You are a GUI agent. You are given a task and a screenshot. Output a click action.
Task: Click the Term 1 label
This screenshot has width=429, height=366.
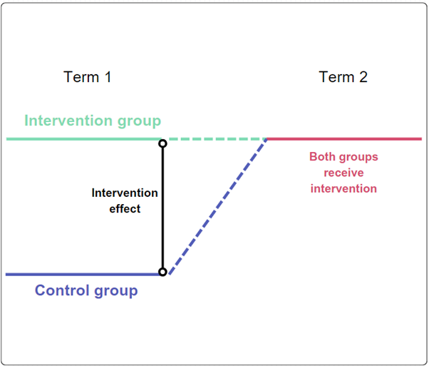(x=88, y=77)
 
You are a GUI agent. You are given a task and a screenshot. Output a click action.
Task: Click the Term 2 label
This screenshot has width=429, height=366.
(x=343, y=77)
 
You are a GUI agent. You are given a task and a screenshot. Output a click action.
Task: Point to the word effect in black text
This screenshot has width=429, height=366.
(x=125, y=209)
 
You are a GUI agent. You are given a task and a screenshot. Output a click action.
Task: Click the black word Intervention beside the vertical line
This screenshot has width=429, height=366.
(x=125, y=193)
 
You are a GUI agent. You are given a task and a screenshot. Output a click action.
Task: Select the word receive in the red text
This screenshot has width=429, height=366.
(x=343, y=173)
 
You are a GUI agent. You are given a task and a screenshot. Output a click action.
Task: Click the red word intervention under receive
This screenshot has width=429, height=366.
(x=343, y=189)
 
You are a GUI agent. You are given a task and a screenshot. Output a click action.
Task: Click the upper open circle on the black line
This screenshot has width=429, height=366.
(x=162, y=144)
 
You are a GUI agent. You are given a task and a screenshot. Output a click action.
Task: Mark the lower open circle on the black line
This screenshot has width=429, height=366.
(x=162, y=272)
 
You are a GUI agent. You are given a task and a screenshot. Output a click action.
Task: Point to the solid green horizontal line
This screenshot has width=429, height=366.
(x=78, y=139)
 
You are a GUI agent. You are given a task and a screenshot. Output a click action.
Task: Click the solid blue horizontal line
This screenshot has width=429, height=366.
(x=78, y=274)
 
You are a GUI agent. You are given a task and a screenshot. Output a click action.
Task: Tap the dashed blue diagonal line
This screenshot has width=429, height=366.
(x=217, y=206)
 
